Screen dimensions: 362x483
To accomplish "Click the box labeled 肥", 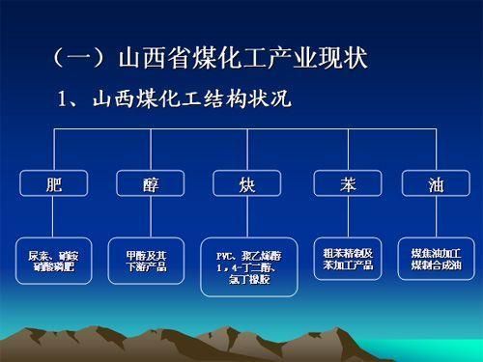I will point(52,183).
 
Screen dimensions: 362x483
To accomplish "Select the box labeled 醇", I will point(146,183).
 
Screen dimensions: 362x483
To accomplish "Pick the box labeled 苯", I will point(346,183).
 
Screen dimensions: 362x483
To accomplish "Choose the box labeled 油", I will point(436,183).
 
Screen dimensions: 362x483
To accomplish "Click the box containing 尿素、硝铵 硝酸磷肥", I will point(52,260).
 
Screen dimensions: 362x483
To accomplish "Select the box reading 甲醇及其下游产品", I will point(146,260).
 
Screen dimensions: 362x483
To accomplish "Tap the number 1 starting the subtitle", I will point(66,97).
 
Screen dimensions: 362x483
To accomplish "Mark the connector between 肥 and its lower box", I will point(52,216).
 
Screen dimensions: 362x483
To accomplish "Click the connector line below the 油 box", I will point(436,216).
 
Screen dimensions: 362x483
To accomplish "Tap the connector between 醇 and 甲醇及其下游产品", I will point(146,216).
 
